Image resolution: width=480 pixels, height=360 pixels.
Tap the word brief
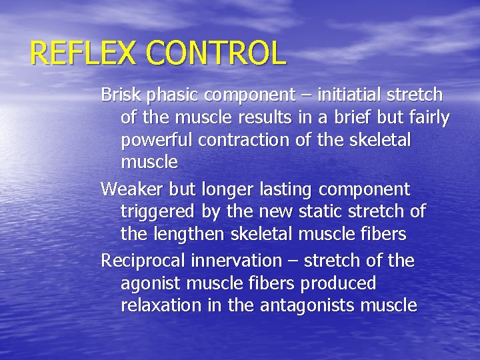pyautogui.click(x=358, y=118)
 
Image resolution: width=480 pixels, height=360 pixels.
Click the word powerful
pyautogui.click(x=153, y=141)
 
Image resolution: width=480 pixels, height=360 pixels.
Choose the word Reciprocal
pyautogui.click(x=143, y=261)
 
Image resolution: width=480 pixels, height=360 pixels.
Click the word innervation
pyautogui.click(x=236, y=260)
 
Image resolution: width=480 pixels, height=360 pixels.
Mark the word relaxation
pyautogui.click(x=159, y=306)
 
